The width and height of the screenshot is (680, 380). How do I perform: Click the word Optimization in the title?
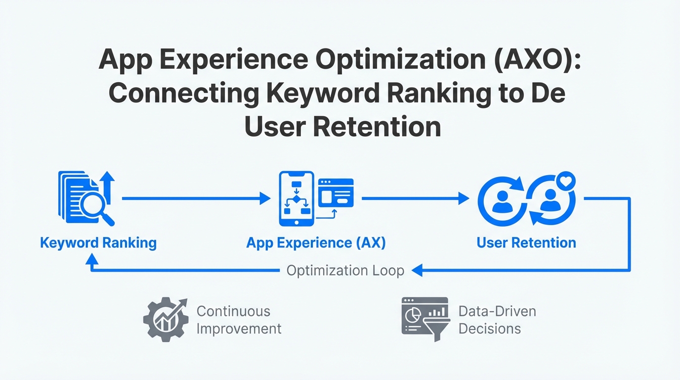tap(401, 60)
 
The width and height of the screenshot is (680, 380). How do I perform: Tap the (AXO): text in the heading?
tap(538, 59)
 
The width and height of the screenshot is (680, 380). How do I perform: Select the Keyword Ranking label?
tap(98, 243)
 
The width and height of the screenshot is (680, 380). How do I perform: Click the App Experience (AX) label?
tap(316, 243)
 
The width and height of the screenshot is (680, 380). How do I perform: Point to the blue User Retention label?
tap(526, 242)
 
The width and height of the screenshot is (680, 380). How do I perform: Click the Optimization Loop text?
tap(345, 270)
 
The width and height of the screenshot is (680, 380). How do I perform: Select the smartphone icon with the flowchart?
tap(297, 198)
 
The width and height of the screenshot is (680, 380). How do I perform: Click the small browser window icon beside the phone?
tap(336, 193)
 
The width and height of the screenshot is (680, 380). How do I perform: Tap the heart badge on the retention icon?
tap(566, 181)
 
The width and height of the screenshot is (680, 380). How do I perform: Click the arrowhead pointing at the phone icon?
tap(265, 198)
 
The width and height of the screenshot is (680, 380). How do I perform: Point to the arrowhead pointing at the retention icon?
tap(464, 198)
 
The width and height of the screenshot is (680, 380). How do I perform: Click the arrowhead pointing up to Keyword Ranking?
tap(92, 259)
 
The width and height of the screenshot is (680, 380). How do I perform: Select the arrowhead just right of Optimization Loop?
tap(417, 270)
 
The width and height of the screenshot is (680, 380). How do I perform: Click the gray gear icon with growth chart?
tap(166, 320)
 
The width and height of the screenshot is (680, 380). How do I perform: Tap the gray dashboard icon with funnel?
tap(425, 319)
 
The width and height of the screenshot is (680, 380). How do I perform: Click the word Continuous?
tap(233, 311)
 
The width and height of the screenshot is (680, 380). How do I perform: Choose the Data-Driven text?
tap(497, 311)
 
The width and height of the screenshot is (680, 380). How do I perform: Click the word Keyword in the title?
tap(323, 94)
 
